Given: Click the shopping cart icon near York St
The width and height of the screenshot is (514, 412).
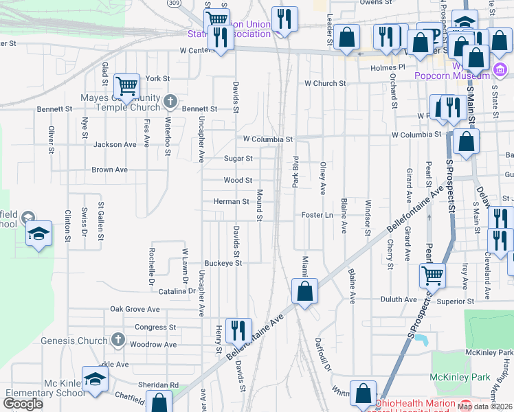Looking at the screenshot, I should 126,86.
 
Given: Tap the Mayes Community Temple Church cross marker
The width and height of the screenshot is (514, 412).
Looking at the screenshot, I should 171,103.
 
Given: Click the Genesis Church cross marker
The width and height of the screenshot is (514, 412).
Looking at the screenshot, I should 118,339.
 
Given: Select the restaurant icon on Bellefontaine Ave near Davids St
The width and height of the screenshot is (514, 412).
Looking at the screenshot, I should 238,330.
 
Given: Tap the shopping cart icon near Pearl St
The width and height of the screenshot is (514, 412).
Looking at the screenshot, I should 432,275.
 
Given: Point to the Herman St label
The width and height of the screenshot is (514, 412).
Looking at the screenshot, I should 231,202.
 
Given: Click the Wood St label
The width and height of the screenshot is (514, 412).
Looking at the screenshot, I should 238,181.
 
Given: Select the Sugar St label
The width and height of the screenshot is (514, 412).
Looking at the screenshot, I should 238,159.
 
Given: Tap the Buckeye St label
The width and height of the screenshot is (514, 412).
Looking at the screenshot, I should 223,263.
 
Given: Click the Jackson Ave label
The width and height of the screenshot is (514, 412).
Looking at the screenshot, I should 115,145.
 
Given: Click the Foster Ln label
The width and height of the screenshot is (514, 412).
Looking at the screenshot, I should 317,215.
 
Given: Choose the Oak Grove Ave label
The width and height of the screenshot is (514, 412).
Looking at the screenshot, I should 135,310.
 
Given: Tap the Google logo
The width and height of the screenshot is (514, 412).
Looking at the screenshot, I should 23,404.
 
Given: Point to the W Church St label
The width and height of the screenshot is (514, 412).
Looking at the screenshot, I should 326,84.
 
